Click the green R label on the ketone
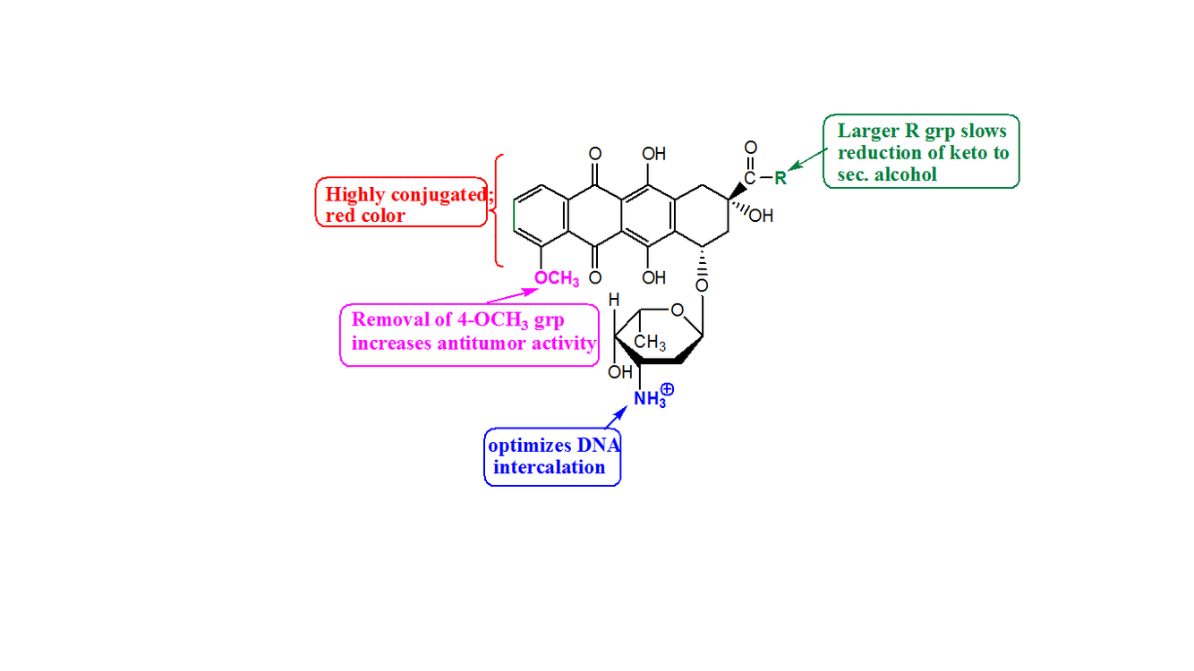click(780, 177)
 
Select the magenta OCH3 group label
click(557, 279)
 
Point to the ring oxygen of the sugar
click(677, 310)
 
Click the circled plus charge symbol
click(667, 389)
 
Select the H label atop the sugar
click(615, 302)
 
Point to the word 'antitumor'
click(482, 343)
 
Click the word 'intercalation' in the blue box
click(549, 467)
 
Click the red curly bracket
click(499, 210)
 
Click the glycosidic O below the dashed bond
click(701, 285)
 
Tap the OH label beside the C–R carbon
click(762, 216)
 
